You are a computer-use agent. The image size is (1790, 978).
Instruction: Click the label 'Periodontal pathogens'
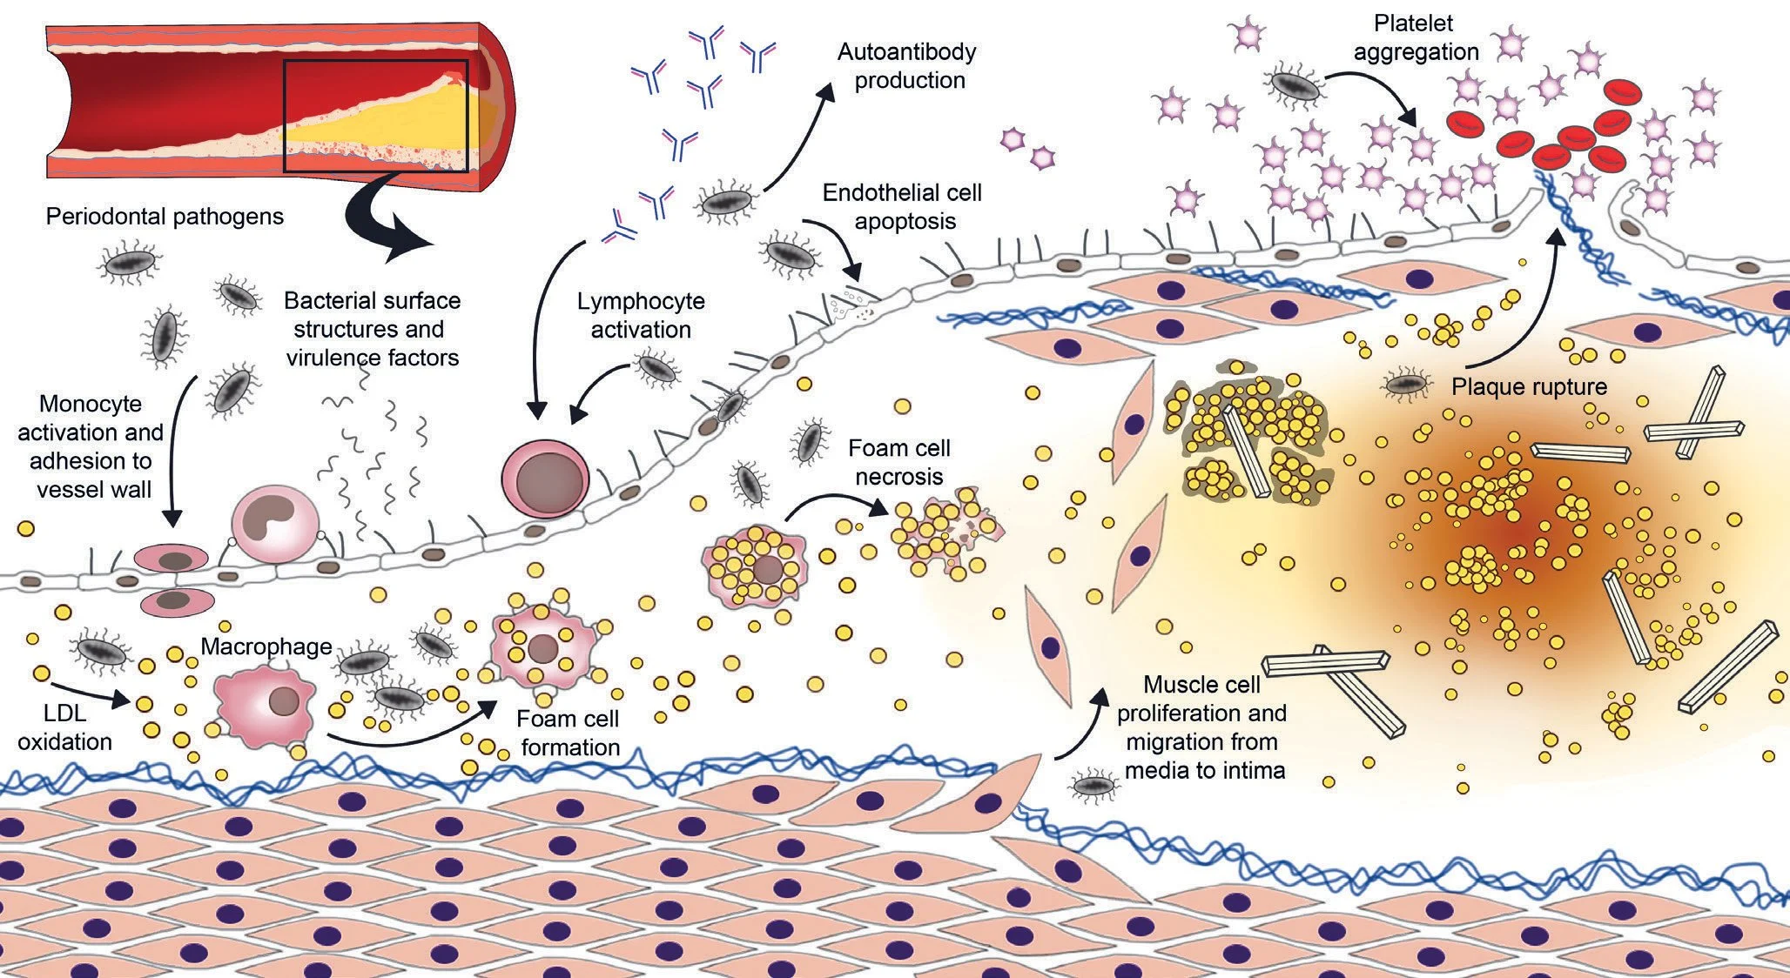point(165,216)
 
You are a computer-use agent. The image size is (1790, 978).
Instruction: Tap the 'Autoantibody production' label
point(906,66)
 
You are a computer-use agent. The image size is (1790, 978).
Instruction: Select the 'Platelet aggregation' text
point(1416,37)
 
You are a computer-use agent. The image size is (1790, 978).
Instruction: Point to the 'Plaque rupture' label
point(1529,386)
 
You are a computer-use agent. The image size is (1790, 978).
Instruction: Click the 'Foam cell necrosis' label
point(898,462)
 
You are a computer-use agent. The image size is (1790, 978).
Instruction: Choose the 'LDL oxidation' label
point(64,727)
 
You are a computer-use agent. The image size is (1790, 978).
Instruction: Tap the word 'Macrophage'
point(266,646)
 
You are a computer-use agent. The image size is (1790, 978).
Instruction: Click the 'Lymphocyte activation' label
point(641,315)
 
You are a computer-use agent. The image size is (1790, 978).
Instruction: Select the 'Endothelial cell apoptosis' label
point(903,206)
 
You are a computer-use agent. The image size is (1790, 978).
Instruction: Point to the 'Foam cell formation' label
point(569,733)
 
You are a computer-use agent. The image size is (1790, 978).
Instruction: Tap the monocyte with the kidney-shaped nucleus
point(270,525)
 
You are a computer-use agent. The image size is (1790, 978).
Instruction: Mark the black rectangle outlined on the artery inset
point(376,116)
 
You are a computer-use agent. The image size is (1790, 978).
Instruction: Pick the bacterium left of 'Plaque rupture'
point(1407,382)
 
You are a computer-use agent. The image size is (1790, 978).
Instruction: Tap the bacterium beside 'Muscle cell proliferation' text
point(1093,786)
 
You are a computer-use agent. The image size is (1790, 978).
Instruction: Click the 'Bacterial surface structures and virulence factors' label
point(373,329)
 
